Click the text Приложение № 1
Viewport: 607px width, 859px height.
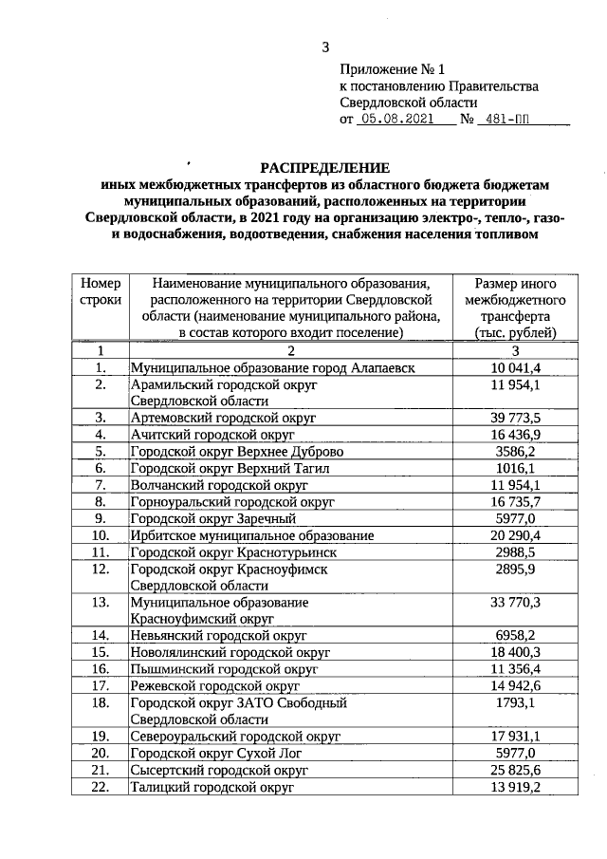coord(392,69)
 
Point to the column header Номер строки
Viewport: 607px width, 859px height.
coord(101,291)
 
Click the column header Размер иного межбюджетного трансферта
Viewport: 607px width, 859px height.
coord(516,308)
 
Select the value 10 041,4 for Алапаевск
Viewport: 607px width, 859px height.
coord(516,367)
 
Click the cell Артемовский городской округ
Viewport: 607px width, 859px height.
coord(223,418)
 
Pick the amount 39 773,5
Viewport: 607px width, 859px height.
coord(516,418)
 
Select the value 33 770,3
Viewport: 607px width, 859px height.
coord(516,601)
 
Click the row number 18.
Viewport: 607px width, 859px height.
coord(101,703)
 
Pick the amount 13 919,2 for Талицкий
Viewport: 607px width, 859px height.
coord(516,788)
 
